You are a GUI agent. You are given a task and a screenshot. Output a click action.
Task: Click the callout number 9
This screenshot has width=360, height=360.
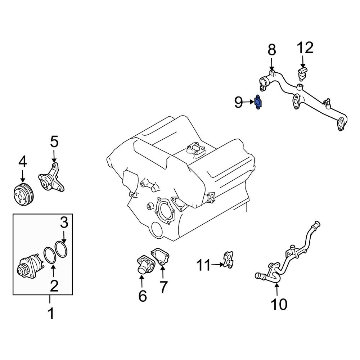click(239, 102)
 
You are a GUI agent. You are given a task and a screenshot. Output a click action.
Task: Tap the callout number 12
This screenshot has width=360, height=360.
click(305, 48)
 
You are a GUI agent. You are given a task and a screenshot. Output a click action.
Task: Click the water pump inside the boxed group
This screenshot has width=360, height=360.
click(31, 265)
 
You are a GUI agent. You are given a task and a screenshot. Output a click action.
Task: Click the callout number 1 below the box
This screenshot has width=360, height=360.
click(50, 314)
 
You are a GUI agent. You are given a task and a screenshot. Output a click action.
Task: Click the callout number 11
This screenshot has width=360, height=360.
click(204, 266)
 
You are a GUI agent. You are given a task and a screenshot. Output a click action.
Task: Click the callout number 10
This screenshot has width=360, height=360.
click(279, 305)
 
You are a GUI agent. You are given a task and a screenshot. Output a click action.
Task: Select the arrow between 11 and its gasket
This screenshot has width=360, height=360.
click(217, 265)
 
